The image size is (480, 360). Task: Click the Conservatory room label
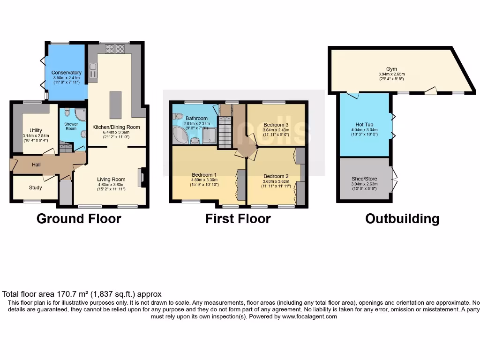66,73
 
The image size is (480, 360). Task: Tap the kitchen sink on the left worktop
93,72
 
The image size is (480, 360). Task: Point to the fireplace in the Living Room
142,178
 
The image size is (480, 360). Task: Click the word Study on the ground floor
36,187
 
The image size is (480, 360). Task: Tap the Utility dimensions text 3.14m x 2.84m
36,136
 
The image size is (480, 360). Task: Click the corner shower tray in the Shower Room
81,115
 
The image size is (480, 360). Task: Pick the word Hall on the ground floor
37,165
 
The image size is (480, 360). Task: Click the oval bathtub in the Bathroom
180,135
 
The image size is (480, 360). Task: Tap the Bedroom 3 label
276,125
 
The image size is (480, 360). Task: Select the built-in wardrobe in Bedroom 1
241,184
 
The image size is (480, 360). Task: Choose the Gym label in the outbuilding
391,69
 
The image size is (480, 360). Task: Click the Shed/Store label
364,179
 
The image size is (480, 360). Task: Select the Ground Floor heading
79,218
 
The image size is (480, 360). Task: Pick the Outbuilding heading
402,218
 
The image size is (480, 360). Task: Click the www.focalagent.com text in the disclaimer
309,316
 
